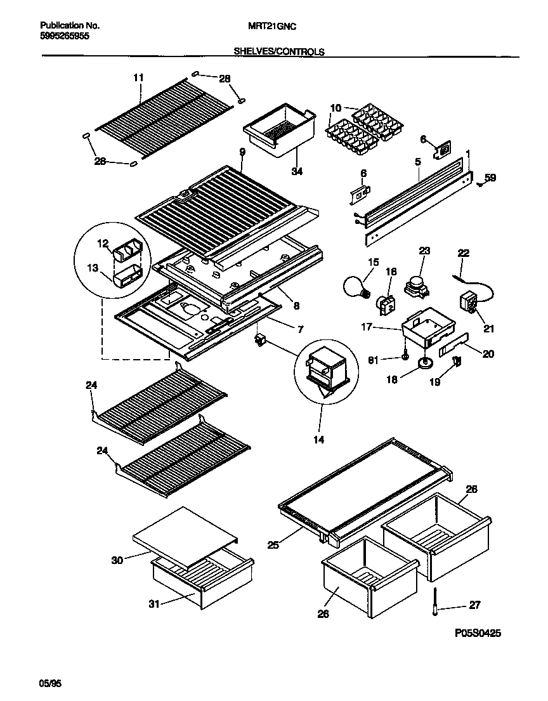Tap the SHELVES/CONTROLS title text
click(x=278, y=52)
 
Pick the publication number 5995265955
click(x=64, y=37)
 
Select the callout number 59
click(x=490, y=178)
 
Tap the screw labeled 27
click(x=434, y=599)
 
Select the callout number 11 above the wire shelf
click(x=138, y=77)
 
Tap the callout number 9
click(x=242, y=152)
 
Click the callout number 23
click(x=424, y=251)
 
